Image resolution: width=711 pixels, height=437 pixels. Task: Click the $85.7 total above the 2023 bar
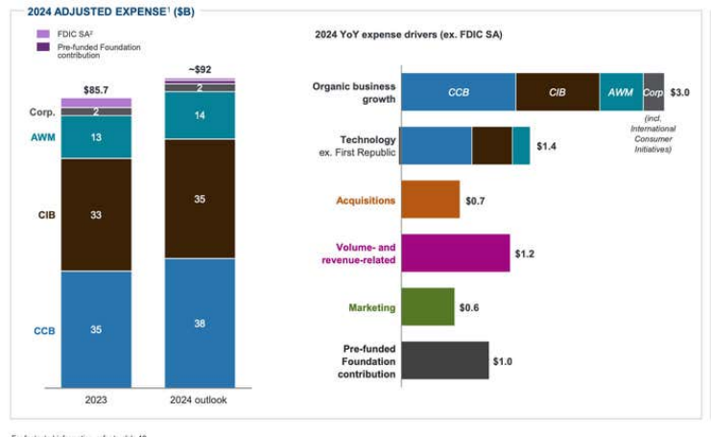[x=96, y=89]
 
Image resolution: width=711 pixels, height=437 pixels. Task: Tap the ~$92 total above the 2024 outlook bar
[x=200, y=69]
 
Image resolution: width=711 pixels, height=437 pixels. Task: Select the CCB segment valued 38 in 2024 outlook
[x=200, y=323]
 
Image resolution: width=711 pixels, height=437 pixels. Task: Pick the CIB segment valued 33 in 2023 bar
[x=96, y=214]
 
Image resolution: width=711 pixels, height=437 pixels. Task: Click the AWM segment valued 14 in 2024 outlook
[x=200, y=115]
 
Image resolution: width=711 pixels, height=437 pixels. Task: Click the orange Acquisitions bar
[x=429, y=200]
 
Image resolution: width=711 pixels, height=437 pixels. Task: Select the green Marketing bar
[x=427, y=307]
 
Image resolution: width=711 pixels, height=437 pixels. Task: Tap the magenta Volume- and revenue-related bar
[x=454, y=254]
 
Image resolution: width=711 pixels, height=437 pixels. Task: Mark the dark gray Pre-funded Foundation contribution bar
[x=443, y=360]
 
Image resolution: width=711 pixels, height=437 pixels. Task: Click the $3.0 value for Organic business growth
[x=679, y=92]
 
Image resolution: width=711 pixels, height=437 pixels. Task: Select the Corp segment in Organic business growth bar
[x=653, y=92]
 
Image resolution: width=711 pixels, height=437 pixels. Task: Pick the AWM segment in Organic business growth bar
[x=621, y=92]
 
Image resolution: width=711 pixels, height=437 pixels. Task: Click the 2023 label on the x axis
[x=96, y=400]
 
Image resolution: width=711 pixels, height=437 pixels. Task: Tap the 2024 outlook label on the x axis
[x=200, y=400]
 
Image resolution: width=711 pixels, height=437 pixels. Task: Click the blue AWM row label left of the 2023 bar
[x=41, y=137]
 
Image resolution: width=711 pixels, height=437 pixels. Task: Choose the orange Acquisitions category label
[x=366, y=201]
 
